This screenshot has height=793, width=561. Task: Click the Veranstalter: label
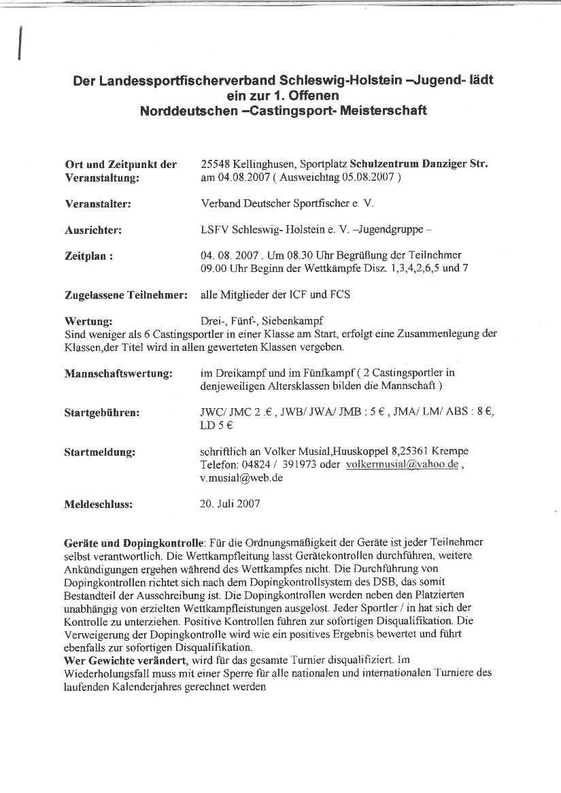pyautogui.click(x=98, y=203)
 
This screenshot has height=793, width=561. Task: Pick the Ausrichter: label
pyautogui.click(x=93, y=230)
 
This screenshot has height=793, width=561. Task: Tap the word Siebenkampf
pyautogui.click(x=294, y=320)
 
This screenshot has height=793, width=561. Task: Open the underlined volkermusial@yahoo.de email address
pyautogui.click(x=402, y=465)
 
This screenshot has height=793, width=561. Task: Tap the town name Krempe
pyautogui.click(x=449, y=451)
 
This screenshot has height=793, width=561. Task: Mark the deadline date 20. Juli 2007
pyautogui.click(x=230, y=504)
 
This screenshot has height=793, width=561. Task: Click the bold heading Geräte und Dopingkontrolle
pyautogui.click(x=133, y=543)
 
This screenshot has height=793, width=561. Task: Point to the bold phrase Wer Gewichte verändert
pyautogui.click(x=125, y=660)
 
